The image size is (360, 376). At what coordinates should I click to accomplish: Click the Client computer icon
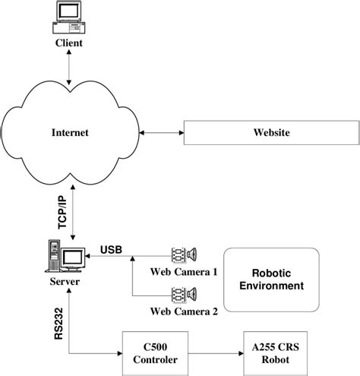click(x=68, y=19)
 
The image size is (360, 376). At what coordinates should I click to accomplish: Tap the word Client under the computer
click(x=68, y=43)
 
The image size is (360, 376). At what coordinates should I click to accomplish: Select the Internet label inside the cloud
click(x=70, y=133)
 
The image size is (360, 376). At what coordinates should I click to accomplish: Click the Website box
click(x=271, y=133)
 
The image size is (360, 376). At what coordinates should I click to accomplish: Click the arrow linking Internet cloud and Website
click(x=163, y=133)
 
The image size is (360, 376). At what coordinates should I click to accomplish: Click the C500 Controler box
click(x=156, y=354)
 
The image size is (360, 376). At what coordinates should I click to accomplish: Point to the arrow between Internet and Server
click(x=69, y=205)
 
